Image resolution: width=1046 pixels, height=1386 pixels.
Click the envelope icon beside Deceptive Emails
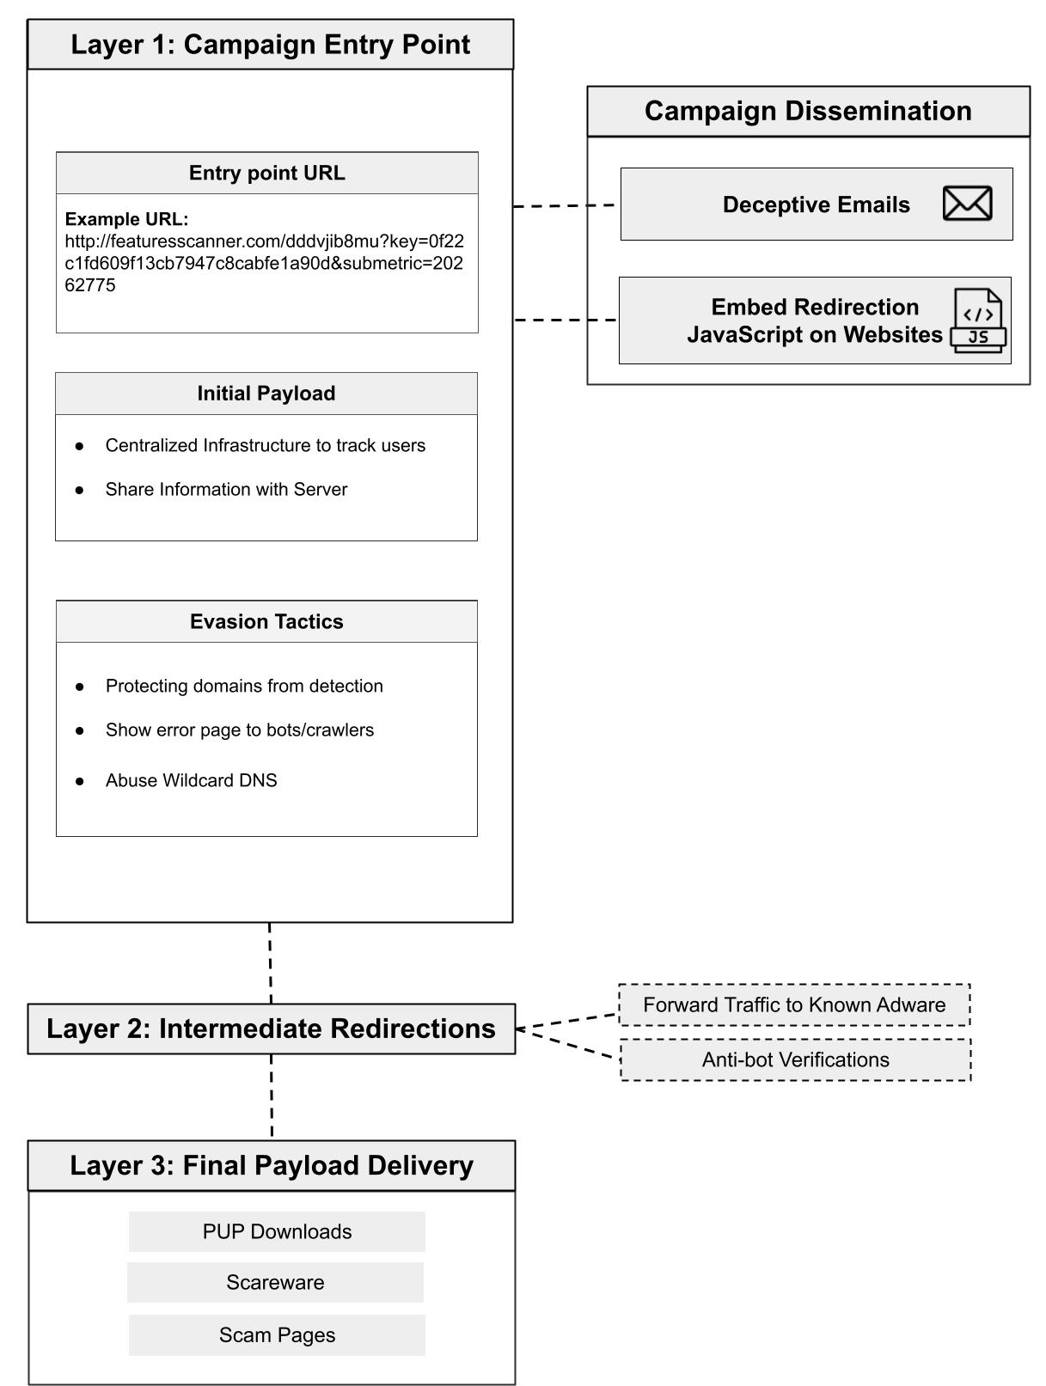coord(966,204)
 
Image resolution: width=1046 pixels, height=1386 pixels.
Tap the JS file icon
coord(978,321)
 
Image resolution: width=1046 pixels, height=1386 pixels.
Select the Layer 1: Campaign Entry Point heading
coord(270,44)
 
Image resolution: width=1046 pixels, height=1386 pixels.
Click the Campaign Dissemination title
coord(808,111)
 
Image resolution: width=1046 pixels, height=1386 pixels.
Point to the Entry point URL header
coord(266,173)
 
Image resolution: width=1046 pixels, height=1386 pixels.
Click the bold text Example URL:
coord(126,219)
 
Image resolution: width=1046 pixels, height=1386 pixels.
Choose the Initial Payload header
coord(266,394)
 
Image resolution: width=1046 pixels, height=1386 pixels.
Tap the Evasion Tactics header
coord(266,621)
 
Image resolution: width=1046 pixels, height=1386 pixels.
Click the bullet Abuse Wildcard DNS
coord(191,780)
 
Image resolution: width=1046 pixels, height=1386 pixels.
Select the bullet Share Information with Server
coord(226,490)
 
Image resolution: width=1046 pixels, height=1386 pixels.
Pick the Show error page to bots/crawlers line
coord(240,730)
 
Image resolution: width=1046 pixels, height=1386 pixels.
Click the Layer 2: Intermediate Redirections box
coord(271,1029)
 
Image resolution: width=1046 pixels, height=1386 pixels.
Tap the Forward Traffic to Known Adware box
coord(794,1004)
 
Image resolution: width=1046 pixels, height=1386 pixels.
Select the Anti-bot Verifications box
coord(795,1059)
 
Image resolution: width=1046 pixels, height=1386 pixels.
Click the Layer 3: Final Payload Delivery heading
coord(271,1166)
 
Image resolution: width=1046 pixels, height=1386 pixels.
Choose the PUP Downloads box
coord(277,1231)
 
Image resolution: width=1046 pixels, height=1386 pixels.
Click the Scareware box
coord(275,1282)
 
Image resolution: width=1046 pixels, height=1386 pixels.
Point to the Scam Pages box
coord(277,1334)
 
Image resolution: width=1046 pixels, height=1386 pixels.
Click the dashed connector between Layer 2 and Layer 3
coord(272,1097)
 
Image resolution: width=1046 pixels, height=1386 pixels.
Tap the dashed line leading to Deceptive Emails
coord(564,206)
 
